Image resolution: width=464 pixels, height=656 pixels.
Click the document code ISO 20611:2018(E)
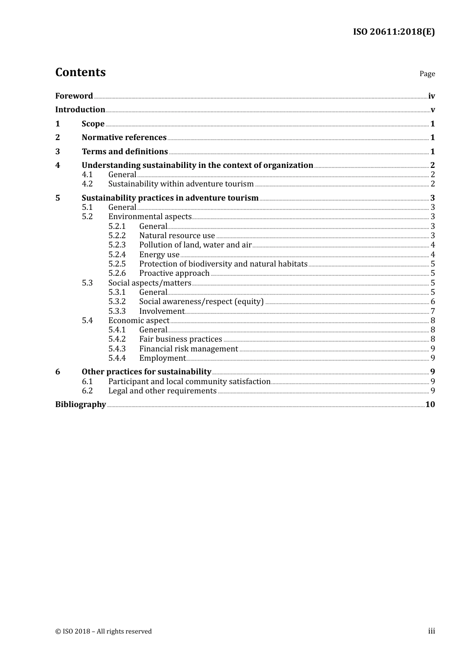click(x=394, y=32)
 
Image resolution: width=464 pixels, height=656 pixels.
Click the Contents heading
click(x=80, y=72)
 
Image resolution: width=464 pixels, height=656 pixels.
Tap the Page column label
click(x=427, y=74)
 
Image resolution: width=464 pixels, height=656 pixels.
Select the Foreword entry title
click(x=74, y=96)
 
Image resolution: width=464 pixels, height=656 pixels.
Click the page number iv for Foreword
click(x=431, y=96)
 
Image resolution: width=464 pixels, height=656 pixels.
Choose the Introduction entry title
click(x=80, y=109)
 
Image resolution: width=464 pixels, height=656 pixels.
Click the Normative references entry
click(x=124, y=138)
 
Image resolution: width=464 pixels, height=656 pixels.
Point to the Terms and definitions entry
click(x=125, y=152)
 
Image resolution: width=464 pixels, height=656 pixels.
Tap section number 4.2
click(x=87, y=184)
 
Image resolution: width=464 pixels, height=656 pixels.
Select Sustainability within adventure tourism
click(x=181, y=184)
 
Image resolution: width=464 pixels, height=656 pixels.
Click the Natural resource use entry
click(x=177, y=236)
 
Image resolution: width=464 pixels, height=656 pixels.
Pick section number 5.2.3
click(x=117, y=245)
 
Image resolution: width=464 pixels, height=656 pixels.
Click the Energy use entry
click(x=159, y=255)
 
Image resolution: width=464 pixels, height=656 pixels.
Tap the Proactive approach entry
click(x=174, y=273)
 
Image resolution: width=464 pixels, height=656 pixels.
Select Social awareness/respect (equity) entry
click(x=201, y=302)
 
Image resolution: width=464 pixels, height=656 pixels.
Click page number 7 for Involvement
click(x=433, y=311)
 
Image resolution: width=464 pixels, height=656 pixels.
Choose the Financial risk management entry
click(x=189, y=349)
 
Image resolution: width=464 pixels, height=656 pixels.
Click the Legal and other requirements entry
click(x=162, y=391)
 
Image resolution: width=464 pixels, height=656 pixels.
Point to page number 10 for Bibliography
click(x=430, y=405)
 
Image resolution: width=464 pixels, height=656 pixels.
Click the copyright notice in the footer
click(x=104, y=632)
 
